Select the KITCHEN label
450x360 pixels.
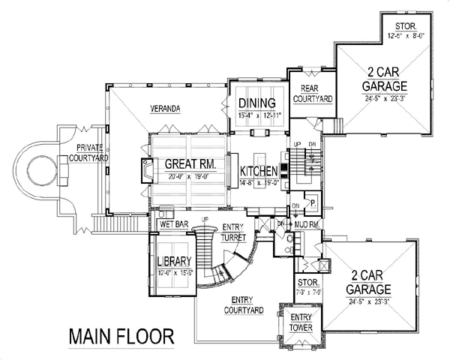coord(259,170)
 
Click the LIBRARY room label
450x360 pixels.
coord(177,262)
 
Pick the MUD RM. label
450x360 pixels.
coord(308,223)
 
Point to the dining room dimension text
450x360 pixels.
coord(259,114)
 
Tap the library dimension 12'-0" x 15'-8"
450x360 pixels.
coord(177,273)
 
